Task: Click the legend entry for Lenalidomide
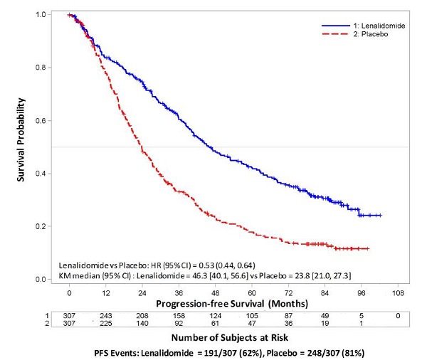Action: pos(363,26)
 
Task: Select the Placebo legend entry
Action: pos(355,34)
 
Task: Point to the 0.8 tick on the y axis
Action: pos(41,68)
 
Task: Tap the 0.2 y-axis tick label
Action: pos(41,226)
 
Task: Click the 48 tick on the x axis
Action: pos(215,293)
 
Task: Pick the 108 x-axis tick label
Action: pos(398,293)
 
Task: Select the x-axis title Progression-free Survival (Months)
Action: pos(232,304)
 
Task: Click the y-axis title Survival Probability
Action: pos(21,139)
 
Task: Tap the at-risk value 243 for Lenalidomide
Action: pos(105,316)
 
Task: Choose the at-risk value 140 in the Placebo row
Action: pos(142,323)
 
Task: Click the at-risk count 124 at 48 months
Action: pos(215,316)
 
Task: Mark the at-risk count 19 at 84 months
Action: pos(325,323)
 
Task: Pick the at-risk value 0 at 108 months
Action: pos(398,316)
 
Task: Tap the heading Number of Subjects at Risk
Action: pos(230,338)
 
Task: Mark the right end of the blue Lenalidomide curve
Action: pos(381,216)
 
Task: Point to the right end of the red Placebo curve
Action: pos(369,248)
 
